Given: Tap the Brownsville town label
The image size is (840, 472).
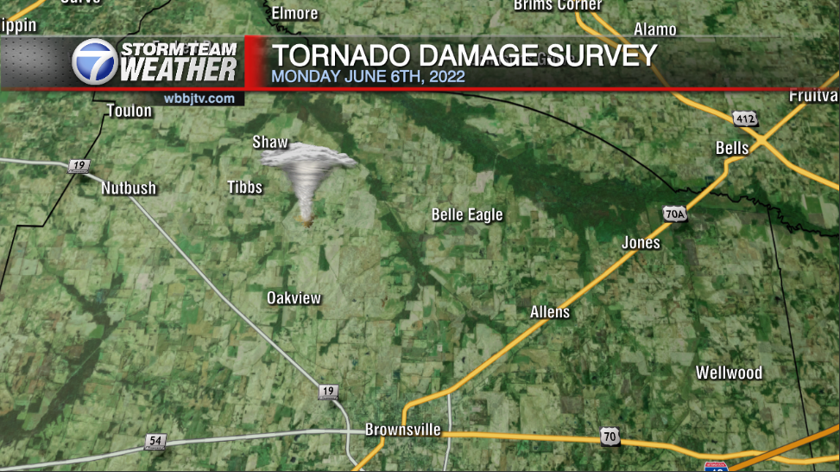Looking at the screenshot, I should [402, 430].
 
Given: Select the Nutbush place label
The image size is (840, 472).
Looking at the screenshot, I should [129, 188].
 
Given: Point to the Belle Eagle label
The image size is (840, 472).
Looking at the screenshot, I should [467, 215].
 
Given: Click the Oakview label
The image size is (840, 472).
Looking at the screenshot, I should [294, 298].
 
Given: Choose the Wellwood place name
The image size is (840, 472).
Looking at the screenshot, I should [729, 373].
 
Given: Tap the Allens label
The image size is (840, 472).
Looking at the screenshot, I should [550, 312].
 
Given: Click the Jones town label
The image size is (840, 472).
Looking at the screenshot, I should [641, 243].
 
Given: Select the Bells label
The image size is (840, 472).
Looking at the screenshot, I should [732, 148].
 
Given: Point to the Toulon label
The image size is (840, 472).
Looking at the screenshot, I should [129, 111].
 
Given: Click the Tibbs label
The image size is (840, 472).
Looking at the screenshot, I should [244, 187].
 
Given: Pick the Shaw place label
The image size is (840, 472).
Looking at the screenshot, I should [269, 143].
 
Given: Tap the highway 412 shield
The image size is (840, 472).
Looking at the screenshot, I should [745, 118].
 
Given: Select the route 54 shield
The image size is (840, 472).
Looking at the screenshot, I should [155, 442].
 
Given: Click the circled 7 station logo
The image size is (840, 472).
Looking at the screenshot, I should [94, 62].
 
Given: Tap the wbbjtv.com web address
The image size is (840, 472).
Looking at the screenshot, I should [199, 99].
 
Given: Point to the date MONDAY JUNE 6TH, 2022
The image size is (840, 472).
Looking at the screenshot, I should [369, 76].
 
